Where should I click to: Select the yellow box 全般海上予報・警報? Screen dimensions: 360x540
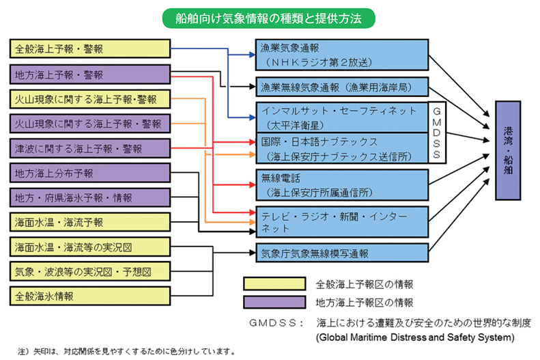90,49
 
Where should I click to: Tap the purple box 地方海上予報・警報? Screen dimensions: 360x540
90,74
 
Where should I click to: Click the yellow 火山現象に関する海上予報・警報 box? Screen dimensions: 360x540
90,99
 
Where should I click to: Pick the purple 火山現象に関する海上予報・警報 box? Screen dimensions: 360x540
90,124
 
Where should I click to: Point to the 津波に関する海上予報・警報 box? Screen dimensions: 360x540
90,148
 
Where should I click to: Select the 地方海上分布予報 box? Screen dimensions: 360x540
90,173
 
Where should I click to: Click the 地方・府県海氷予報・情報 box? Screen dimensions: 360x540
90,197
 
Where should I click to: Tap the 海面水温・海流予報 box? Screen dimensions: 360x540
90,222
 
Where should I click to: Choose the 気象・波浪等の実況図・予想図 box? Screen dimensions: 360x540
90,271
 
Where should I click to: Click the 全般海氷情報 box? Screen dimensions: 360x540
90,296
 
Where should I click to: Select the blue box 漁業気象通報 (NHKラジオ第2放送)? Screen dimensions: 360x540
342,55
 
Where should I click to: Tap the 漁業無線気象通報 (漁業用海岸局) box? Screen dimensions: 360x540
342,87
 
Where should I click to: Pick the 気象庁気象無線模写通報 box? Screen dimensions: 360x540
342,253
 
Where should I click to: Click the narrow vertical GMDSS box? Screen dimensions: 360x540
437,133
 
